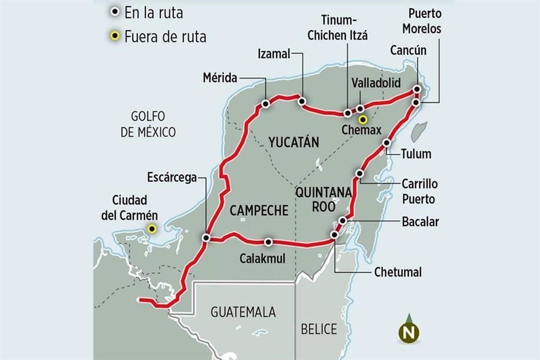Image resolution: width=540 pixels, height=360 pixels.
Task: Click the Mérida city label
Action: (220, 78)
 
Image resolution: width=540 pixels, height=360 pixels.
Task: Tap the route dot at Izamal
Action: (301, 101)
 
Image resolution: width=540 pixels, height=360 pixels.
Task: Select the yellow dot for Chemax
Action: (363, 119)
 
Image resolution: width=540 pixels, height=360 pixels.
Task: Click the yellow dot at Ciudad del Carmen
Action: (151, 228)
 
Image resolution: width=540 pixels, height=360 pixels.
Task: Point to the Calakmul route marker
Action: (268, 242)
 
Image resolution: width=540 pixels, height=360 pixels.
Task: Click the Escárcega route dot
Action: (206, 238)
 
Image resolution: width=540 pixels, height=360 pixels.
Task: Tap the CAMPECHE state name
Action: (259, 211)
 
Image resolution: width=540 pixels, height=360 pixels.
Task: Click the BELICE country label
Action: (318, 329)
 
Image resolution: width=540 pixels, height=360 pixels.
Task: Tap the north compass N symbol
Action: (409, 332)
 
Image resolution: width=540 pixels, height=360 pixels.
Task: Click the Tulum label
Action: (416, 154)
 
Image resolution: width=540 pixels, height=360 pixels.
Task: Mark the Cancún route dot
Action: (417, 89)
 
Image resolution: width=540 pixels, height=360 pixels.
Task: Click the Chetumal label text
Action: (398, 272)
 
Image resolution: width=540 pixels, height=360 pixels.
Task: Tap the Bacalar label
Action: (420, 222)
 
